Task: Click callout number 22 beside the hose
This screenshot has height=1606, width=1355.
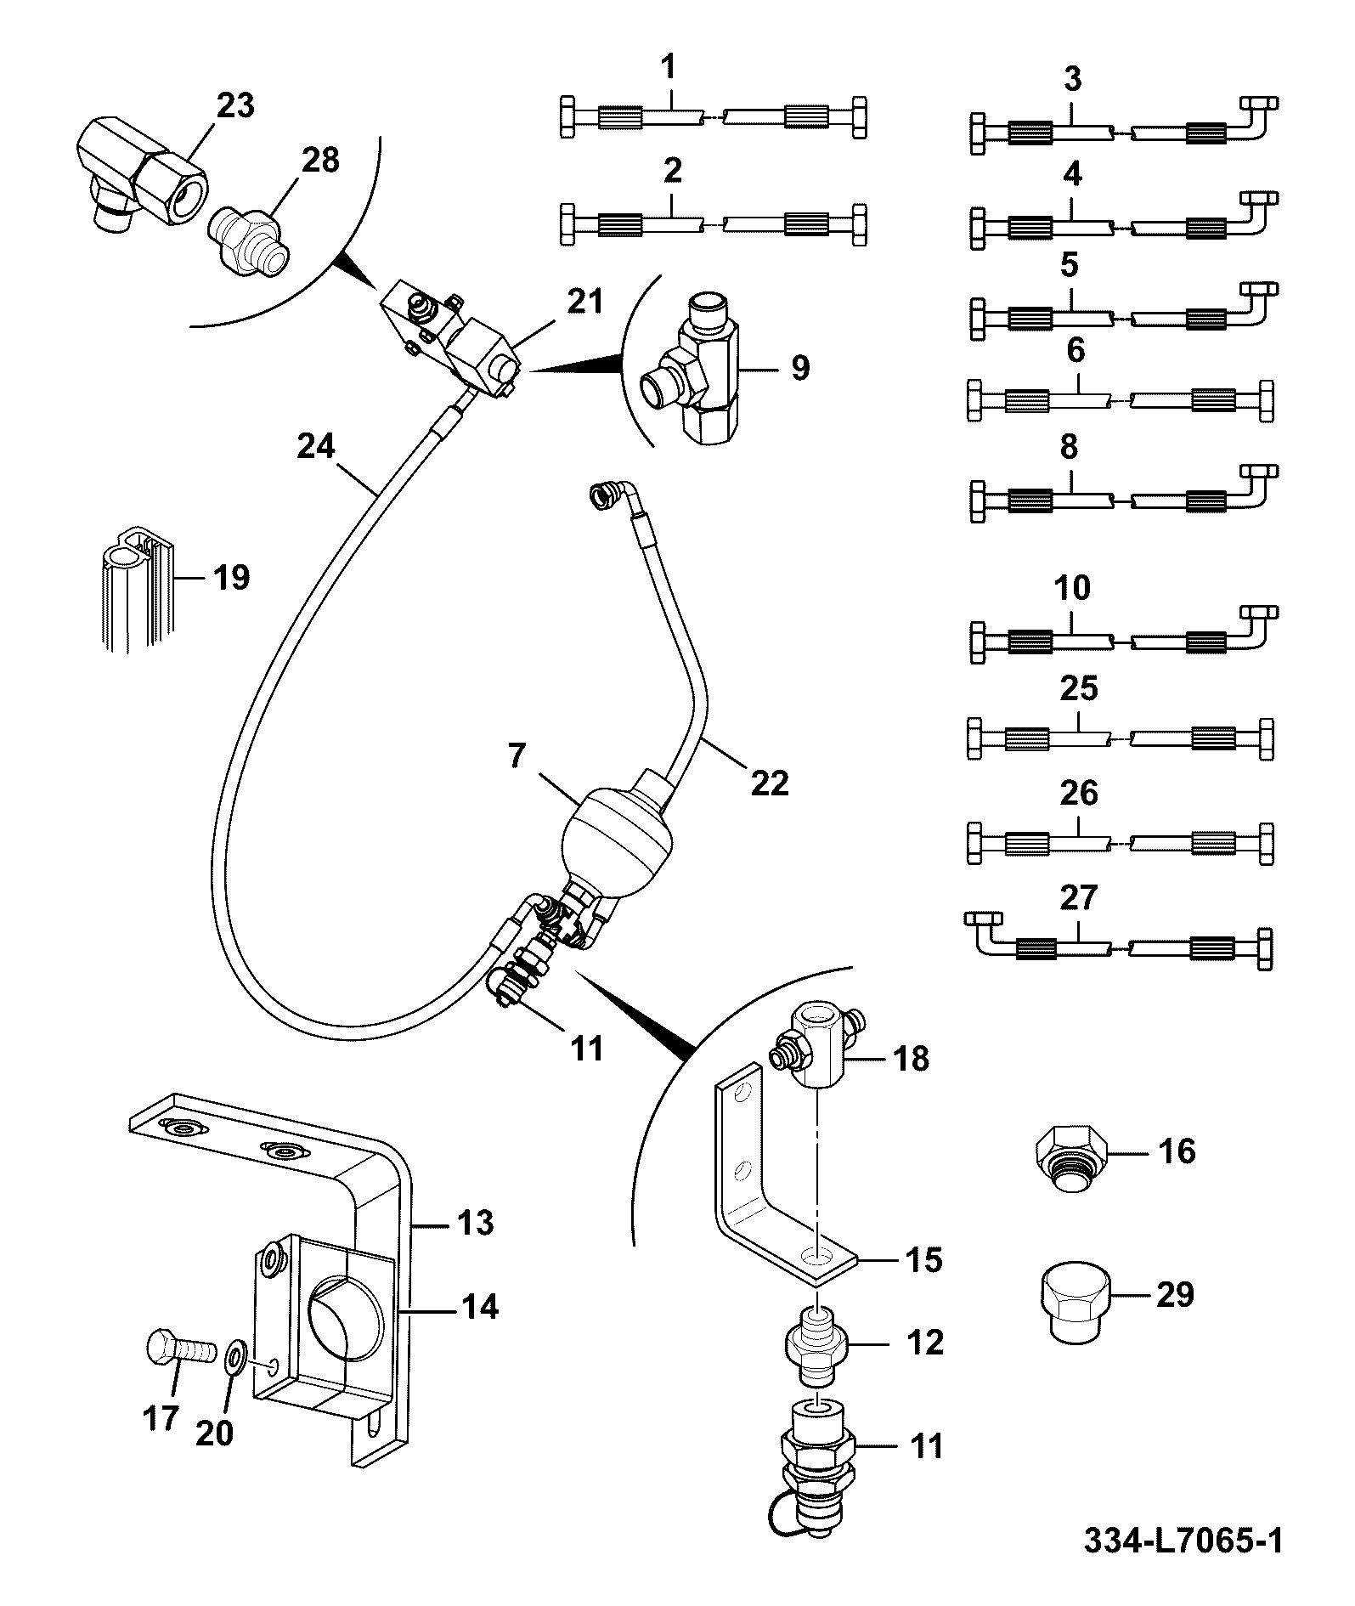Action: point(770,783)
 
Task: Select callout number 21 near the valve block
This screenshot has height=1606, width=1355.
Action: point(584,303)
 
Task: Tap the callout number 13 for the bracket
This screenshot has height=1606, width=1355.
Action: point(475,1224)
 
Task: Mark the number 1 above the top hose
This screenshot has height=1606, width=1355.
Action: point(669,66)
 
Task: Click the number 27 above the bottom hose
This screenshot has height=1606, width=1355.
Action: point(1079,897)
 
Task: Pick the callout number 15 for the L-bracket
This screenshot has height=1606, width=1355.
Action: point(924,1260)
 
